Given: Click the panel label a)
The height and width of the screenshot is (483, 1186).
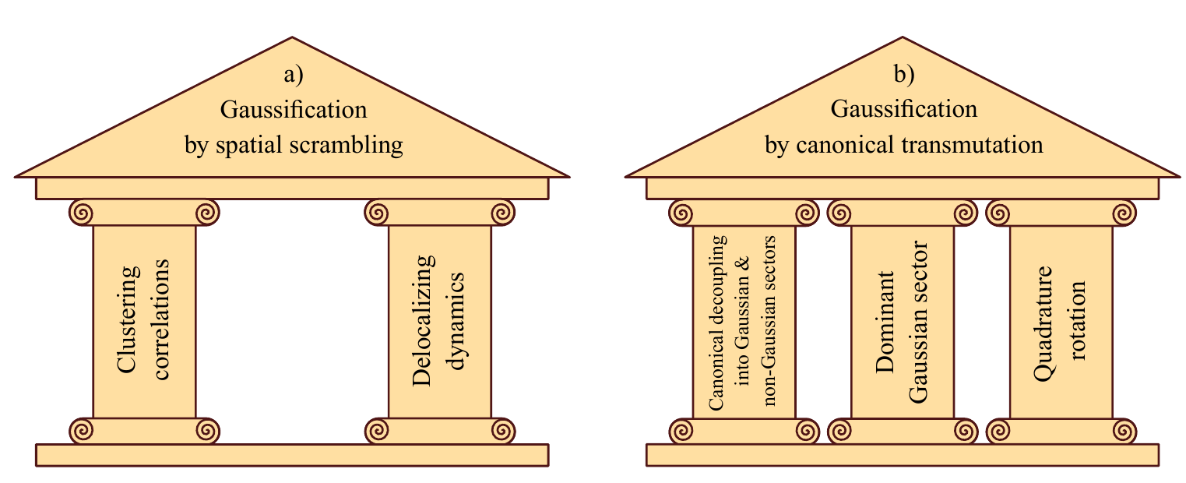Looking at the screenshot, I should coord(293,76).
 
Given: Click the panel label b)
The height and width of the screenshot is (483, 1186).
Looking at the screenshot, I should coord(903,76).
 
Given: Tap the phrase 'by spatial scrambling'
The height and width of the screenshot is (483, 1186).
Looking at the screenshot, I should coord(294,145).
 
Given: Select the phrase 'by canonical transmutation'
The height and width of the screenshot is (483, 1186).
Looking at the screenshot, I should coord(904,145).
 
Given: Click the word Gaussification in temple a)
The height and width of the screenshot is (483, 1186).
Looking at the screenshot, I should coord(294,110).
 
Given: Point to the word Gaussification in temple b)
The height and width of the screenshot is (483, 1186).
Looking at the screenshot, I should coord(904,110).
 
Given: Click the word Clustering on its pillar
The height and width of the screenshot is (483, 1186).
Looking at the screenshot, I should coord(129,321).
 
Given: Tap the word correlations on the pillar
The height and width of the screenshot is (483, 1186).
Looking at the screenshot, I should coord(160,321).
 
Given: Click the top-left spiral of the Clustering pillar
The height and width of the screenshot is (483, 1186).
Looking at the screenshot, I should coord(82,211).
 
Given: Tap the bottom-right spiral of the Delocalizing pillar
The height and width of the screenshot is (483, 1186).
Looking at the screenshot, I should coord(502,429).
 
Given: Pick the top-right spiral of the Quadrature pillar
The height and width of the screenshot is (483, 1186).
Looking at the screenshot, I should coord(1124,211).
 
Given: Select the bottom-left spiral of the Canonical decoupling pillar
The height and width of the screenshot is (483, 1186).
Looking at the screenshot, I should coord(681,429).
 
